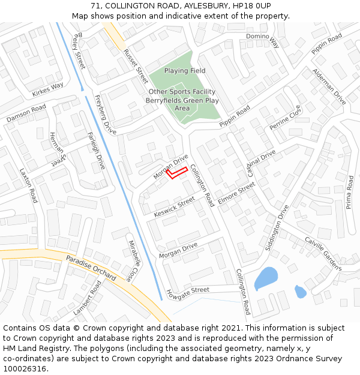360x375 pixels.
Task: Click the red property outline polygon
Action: [177, 173]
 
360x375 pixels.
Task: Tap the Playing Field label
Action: [185, 71]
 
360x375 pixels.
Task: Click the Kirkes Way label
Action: [48, 89]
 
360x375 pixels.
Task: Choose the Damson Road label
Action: [26, 113]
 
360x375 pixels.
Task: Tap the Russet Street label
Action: [136, 67]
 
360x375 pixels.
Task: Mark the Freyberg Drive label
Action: [106, 115]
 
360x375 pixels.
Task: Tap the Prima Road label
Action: [349, 192]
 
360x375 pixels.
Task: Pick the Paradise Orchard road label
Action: [91, 268]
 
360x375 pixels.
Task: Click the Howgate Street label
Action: [188, 292]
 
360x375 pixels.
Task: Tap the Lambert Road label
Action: [88, 298]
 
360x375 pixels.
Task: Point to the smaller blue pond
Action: [301, 292]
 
